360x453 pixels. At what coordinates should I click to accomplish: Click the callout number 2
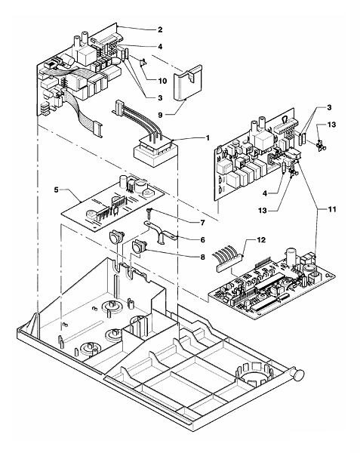(160, 29)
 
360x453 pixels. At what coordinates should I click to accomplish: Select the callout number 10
(162, 81)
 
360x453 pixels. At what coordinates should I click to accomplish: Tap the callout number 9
(160, 115)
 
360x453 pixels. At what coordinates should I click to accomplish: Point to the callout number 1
(207, 138)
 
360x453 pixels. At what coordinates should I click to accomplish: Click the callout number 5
(57, 190)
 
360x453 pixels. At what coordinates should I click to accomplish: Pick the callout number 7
(202, 223)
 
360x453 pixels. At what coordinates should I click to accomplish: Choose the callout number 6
(202, 239)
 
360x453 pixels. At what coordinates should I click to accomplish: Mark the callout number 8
(202, 257)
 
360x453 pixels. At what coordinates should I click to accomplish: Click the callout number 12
(261, 240)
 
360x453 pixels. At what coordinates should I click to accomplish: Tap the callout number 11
(333, 209)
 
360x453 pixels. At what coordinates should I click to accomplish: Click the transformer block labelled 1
(155, 152)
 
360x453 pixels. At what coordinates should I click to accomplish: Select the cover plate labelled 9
(187, 83)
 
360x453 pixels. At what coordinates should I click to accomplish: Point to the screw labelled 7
(149, 214)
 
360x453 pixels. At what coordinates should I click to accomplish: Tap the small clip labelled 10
(143, 62)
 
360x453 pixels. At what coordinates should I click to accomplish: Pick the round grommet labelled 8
(139, 247)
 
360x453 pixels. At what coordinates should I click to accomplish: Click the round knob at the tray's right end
(299, 375)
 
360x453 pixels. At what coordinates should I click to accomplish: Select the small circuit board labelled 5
(112, 202)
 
